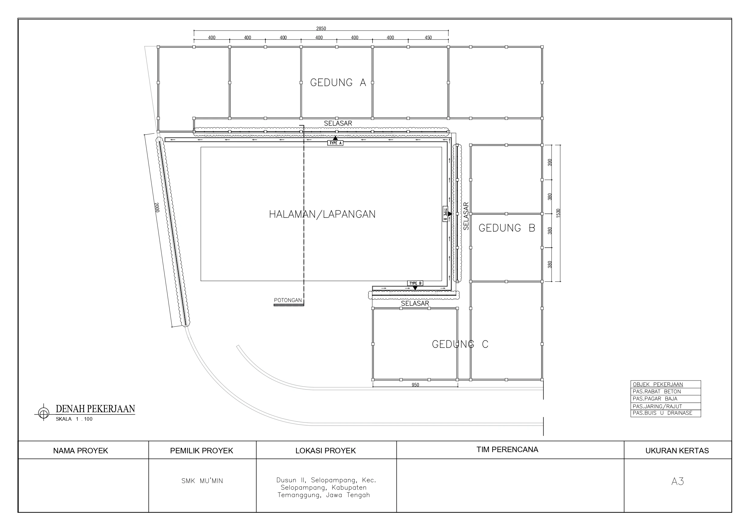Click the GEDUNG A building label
coord(338,83)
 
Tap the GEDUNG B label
coord(507,228)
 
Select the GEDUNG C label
coord(460,344)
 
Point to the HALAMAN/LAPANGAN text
coord(322,214)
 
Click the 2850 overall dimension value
coord(321,28)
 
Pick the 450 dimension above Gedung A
coord(428,37)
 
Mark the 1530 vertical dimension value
coord(558,213)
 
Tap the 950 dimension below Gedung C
coord(415,385)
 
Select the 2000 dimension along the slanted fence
coord(157,207)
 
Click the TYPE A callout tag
coord(335,143)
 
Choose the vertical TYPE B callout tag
coord(445,214)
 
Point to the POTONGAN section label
coord(288,300)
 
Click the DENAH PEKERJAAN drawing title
coord(95,409)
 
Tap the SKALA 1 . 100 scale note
coord(74,419)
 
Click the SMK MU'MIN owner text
coord(202,481)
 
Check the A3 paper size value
coord(677,481)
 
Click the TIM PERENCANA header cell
coord(507,450)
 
